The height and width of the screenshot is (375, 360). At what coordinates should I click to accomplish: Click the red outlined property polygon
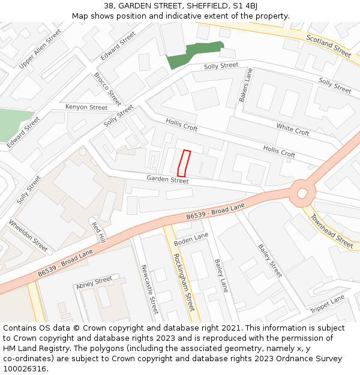[x=184, y=163]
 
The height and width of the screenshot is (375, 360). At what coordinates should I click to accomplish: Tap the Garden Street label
[x=167, y=179]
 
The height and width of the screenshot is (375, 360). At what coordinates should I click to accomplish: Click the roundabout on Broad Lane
[x=303, y=193]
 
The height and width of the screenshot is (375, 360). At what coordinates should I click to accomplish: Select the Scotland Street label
[x=328, y=46]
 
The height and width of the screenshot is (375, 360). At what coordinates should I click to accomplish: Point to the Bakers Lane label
[x=246, y=85]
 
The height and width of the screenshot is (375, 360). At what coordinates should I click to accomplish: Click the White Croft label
[x=293, y=129]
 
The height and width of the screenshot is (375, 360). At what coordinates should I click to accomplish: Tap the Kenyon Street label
[x=86, y=107]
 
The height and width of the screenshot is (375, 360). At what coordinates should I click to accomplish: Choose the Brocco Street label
[x=107, y=89]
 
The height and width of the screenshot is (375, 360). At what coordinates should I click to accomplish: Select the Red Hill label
[x=98, y=232]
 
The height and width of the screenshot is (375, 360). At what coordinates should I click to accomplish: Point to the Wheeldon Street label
[x=28, y=235]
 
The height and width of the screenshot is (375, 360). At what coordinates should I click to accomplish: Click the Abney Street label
[x=94, y=283]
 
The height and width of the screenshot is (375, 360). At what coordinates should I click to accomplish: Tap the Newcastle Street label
[x=149, y=289]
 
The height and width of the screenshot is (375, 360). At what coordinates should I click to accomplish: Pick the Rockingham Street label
[x=184, y=282]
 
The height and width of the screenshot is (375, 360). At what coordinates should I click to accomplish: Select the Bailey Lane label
[x=221, y=275]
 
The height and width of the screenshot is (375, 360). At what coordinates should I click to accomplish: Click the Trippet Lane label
[x=328, y=304]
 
